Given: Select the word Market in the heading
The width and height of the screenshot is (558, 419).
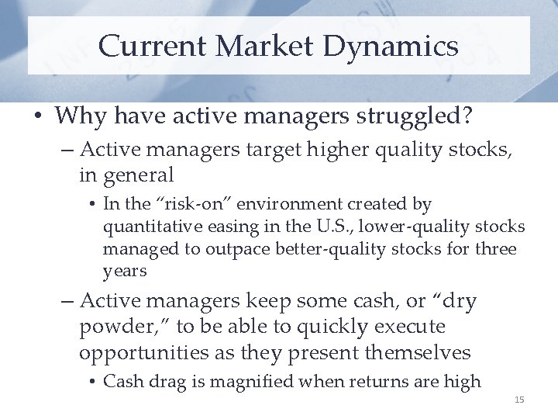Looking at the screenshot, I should tap(267, 46).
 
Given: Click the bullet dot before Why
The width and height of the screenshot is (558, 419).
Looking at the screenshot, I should tap(39, 118).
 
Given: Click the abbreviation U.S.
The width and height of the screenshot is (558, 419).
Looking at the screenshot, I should tap(349, 227).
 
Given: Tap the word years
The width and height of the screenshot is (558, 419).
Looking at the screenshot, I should tap(124, 272).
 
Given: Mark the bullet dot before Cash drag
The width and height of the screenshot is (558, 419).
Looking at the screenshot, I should tap(92, 382).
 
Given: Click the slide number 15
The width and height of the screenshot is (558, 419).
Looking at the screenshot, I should tap(519, 400).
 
